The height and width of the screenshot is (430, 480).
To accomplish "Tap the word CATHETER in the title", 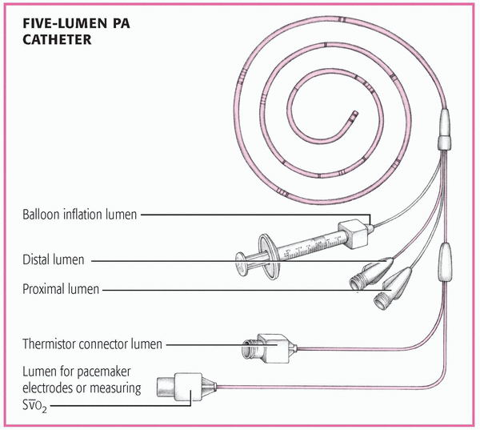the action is [x=57, y=39].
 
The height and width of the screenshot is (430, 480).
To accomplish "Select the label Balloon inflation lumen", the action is [x=79, y=215].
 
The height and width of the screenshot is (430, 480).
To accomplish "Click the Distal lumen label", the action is [x=54, y=259].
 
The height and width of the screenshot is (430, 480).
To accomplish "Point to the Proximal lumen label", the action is [x=61, y=289].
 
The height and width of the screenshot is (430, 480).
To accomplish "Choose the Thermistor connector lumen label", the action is [x=92, y=344].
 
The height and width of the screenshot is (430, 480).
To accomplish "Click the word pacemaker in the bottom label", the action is [x=103, y=372].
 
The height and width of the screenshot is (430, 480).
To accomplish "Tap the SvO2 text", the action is [x=34, y=406].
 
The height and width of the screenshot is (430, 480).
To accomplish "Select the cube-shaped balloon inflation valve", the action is [x=353, y=234].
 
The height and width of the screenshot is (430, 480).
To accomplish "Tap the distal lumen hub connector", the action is [x=370, y=272].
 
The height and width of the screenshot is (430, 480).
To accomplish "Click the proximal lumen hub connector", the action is [x=393, y=289].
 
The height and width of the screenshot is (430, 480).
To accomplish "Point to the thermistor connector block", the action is [x=269, y=348].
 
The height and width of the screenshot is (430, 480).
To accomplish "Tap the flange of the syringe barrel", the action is [x=266, y=257].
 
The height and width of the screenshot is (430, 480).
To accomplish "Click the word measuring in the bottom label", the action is [x=115, y=388].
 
